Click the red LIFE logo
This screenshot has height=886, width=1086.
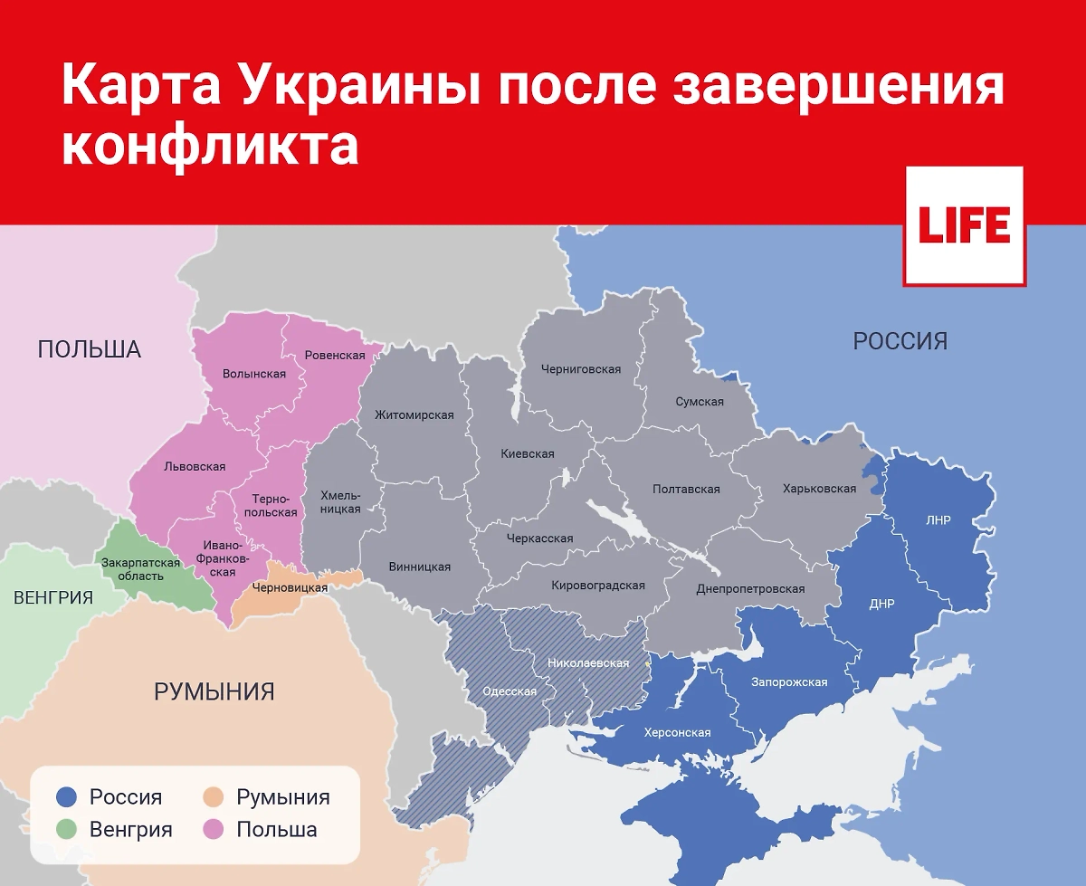(x=964, y=225)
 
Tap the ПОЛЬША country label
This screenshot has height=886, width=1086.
(x=90, y=349)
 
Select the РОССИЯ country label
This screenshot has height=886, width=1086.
(x=900, y=341)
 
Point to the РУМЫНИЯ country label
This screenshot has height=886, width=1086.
(x=214, y=692)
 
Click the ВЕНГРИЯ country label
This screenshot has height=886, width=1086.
(x=53, y=597)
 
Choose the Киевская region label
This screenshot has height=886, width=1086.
(x=528, y=453)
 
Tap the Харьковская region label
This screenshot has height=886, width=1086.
(x=819, y=489)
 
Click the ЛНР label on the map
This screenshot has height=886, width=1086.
(x=938, y=520)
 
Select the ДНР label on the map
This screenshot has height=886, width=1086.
(x=881, y=604)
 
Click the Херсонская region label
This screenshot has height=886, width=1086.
(x=677, y=732)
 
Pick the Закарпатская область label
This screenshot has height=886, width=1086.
(x=140, y=569)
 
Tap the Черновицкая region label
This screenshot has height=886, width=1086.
(x=290, y=587)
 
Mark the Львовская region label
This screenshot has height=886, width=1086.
(x=195, y=466)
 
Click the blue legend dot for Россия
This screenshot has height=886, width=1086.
(x=65, y=797)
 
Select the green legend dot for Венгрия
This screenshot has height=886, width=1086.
(x=65, y=829)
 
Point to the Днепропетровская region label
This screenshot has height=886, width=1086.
(x=750, y=589)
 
